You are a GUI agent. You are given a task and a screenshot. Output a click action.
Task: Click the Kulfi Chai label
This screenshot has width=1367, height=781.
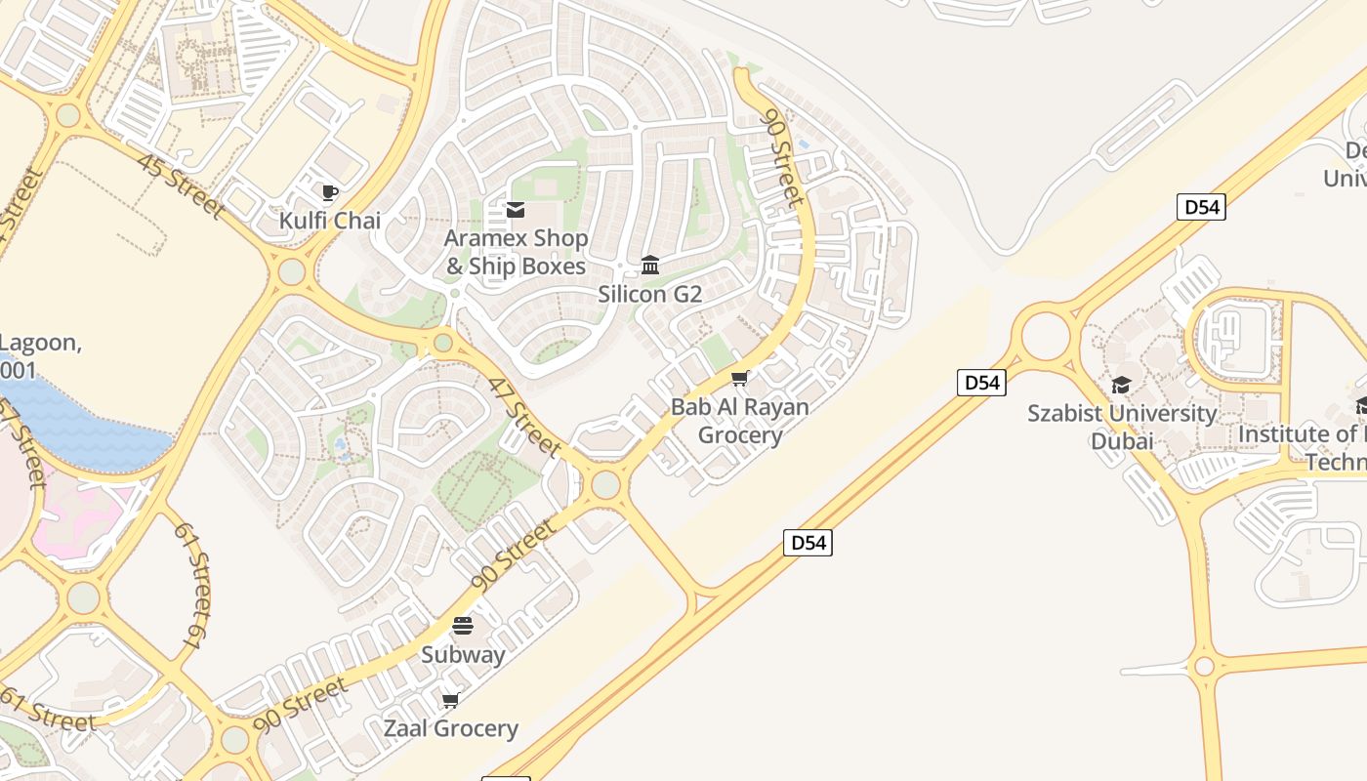[330, 221]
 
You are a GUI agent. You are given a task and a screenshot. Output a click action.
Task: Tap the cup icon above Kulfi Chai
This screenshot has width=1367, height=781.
[330, 192]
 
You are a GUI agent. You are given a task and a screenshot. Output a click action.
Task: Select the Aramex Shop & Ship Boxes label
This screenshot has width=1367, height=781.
[517, 252]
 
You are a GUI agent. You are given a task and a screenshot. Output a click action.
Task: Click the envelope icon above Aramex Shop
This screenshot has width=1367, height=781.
[516, 210]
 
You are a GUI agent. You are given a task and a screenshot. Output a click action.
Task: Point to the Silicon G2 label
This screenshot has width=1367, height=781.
[650, 294]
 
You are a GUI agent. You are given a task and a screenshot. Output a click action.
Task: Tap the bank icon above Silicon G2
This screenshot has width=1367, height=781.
[650, 265]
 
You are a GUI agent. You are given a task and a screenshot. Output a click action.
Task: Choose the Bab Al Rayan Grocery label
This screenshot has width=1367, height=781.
[740, 421]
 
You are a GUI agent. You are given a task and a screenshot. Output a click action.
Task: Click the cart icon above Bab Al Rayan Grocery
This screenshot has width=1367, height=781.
[740, 378]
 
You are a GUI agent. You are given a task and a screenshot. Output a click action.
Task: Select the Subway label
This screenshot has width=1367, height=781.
[463, 654]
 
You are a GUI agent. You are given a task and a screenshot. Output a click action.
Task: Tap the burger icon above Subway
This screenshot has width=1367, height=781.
[463, 626]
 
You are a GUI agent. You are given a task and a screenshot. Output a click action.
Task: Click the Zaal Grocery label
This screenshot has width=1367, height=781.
[450, 728]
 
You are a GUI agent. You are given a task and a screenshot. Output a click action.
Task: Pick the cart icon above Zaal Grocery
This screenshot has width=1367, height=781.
[450, 700]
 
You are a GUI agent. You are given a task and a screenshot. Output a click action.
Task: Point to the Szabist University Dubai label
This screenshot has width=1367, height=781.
[1122, 427]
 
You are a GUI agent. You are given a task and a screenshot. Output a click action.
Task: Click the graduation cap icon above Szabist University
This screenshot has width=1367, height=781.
[1122, 385]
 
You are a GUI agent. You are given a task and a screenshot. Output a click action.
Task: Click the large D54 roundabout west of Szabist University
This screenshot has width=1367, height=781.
[1045, 335]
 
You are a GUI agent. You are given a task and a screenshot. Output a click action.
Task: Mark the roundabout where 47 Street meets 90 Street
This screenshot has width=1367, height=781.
[605, 484]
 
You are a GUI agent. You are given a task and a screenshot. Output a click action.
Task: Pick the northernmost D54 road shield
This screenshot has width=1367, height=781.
[1200, 207]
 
